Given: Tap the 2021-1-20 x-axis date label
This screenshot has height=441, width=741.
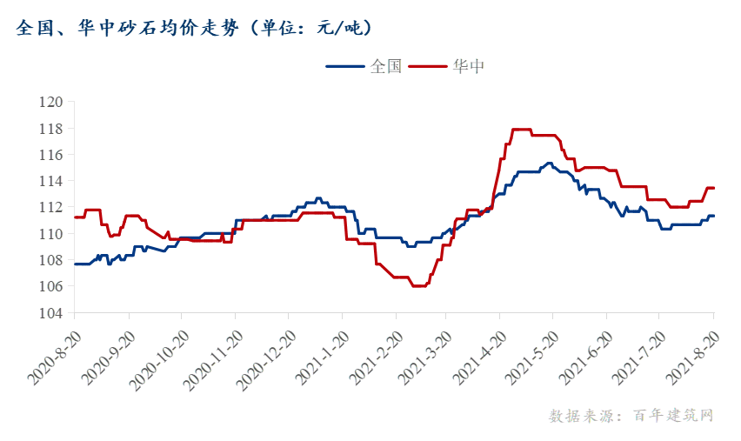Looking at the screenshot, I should click(321, 357).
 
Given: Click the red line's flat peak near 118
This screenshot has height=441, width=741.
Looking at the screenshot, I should click(521, 130).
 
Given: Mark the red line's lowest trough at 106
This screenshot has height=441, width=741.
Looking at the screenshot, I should click(418, 285).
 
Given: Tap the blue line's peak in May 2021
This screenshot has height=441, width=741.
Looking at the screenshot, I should click(549, 163).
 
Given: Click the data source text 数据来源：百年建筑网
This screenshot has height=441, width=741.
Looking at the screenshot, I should click(631, 416).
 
